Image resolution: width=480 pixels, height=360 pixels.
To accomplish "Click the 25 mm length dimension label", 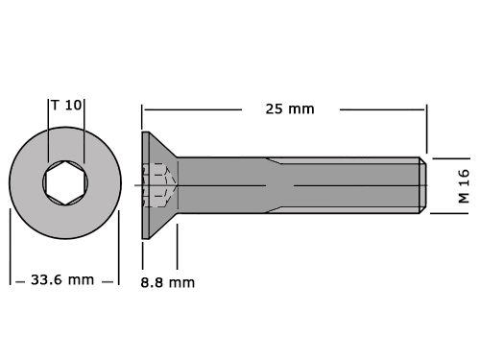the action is click(x=290, y=109).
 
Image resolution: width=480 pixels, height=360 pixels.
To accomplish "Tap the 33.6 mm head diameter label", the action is click(x=62, y=279).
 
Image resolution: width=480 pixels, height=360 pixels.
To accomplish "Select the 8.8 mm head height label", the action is click(x=168, y=282).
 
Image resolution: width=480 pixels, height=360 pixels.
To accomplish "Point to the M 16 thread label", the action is click(x=464, y=186).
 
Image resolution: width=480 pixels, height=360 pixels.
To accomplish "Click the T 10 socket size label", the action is click(x=66, y=105).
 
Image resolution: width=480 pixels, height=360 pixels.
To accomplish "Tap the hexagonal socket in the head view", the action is click(x=65, y=182).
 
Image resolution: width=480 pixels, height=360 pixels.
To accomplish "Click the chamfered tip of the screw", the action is click(x=422, y=185).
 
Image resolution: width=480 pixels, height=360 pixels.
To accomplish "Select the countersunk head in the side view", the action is click(x=159, y=185).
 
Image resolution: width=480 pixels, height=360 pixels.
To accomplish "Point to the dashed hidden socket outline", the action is click(x=159, y=185).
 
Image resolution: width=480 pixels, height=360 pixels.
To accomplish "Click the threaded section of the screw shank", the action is click(x=343, y=185).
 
